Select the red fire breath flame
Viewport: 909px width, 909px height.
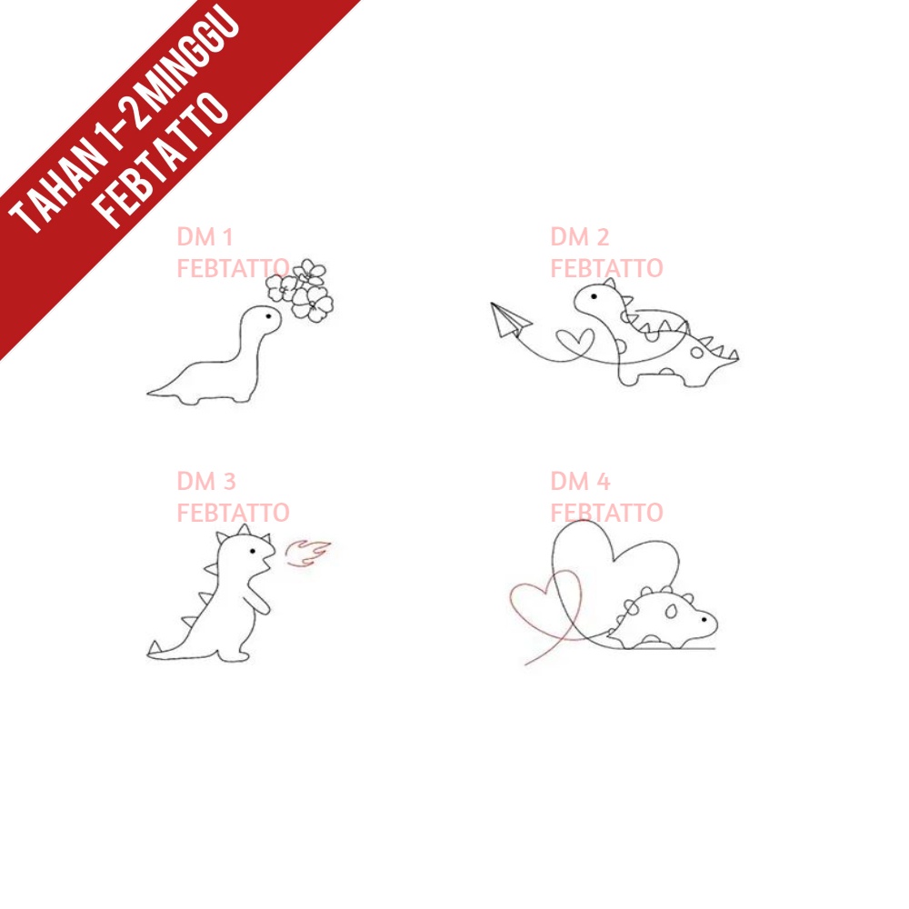[x=308, y=552]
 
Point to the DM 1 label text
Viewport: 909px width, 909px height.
[x=205, y=238]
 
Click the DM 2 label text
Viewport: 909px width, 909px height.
[x=579, y=238]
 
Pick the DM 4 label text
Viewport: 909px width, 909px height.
[x=579, y=481]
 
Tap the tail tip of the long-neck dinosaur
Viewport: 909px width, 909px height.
[x=150, y=394]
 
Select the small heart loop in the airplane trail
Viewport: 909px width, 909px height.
[x=574, y=341]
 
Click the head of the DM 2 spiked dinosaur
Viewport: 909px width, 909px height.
[x=596, y=299]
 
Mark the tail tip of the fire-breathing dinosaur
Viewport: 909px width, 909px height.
[x=151, y=652]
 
